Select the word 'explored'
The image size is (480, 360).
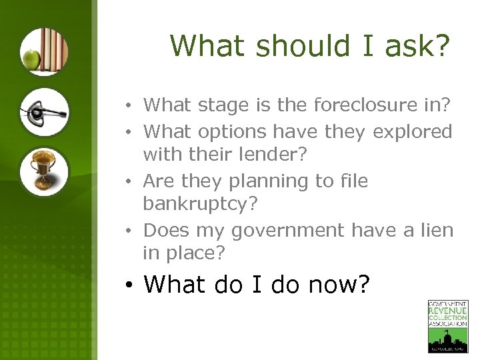(413, 132)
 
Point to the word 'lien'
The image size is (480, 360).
(438, 231)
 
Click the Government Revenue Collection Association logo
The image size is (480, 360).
(447, 326)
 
